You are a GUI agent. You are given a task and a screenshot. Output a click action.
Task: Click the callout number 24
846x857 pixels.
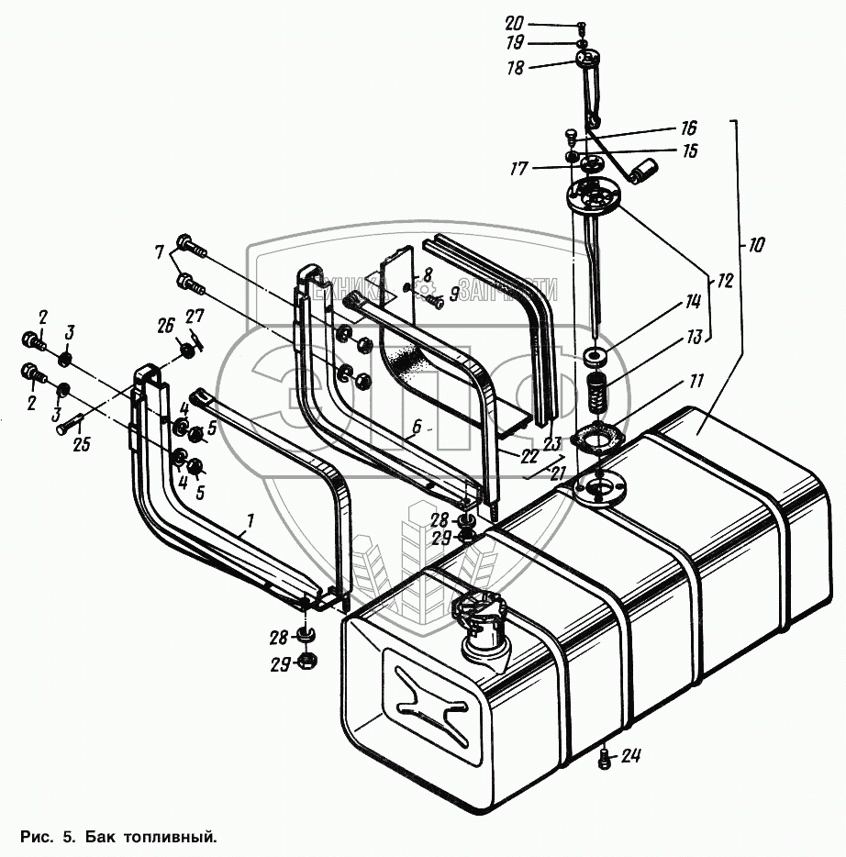point(630,757)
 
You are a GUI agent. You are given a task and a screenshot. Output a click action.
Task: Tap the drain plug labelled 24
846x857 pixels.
point(605,759)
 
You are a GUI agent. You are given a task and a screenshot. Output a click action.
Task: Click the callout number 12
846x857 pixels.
point(725,282)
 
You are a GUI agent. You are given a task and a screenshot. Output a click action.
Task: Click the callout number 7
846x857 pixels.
point(159,251)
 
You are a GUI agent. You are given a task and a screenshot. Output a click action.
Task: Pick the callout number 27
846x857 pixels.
point(195,317)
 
